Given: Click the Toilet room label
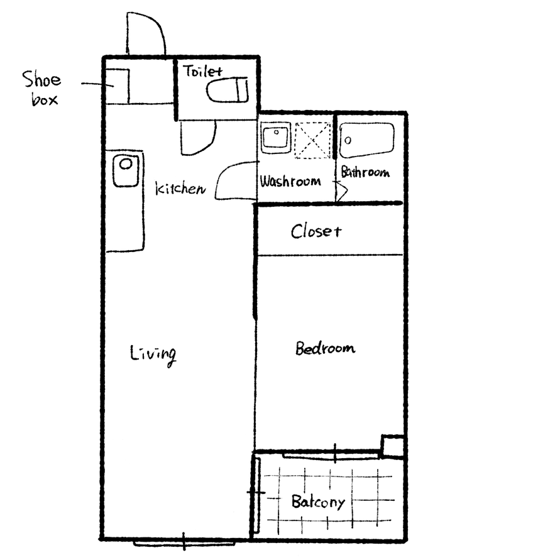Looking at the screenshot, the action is click(x=203, y=72).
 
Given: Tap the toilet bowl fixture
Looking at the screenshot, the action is click(x=228, y=90).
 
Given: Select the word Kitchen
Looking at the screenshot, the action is click(x=181, y=188).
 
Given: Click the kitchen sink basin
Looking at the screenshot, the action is click(x=126, y=171).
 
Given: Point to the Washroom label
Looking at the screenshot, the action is click(x=290, y=181).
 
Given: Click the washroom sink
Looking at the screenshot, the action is click(x=275, y=138).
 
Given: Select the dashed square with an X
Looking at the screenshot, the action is click(x=313, y=140).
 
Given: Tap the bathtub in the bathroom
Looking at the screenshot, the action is click(x=367, y=140).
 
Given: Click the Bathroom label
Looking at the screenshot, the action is click(x=365, y=172).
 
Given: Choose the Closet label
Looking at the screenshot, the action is click(x=316, y=231).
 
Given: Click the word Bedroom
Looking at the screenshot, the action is click(x=326, y=348).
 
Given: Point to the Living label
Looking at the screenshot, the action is click(x=153, y=354).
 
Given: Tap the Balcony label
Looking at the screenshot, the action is click(x=318, y=502).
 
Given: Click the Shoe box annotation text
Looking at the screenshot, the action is click(x=41, y=88).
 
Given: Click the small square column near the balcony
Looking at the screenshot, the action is click(x=392, y=446).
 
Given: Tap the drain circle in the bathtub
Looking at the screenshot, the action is click(x=348, y=140).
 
